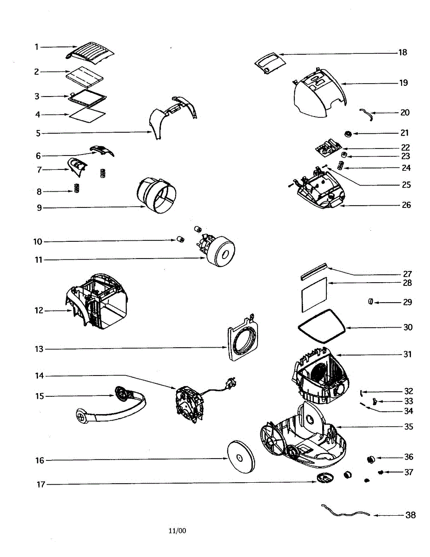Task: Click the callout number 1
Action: [x=36, y=47]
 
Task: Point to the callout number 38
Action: [x=410, y=515]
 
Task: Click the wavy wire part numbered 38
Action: [x=346, y=512]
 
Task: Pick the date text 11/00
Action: [x=177, y=531]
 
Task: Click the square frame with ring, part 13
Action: [x=243, y=340]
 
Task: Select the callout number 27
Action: [x=407, y=274]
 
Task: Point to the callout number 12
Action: [x=38, y=310]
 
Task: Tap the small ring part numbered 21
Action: [x=347, y=134]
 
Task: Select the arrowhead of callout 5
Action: [x=152, y=133]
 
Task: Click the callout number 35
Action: [x=408, y=427]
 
